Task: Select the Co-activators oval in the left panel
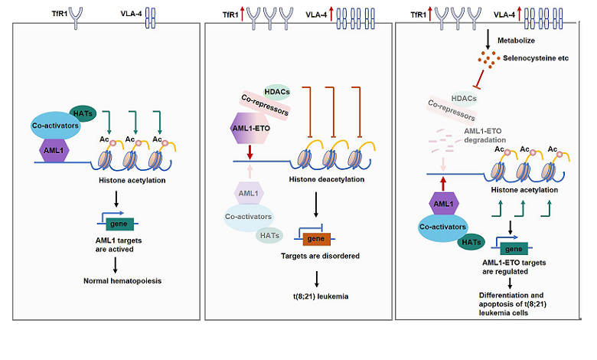(49, 128)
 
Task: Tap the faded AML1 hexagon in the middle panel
(247, 195)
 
